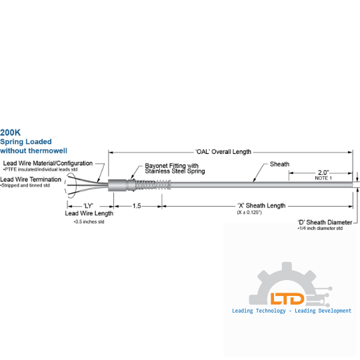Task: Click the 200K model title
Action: click(10, 133)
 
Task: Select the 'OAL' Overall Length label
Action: click(223, 152)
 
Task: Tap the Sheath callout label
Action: click(279, 164)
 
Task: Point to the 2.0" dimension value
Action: click(323, 172)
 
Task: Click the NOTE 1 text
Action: click(323, 178)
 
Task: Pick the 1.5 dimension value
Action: click(137, 206)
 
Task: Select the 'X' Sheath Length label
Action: click(261, 205)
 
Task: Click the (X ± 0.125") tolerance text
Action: click(249, 213)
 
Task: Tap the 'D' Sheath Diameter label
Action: click(325, 222)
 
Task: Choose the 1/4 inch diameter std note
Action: click(320, 229)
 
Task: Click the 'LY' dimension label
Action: click(89, 206)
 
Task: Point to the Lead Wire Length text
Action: click(89, 213)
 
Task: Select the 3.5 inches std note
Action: click(89, 222)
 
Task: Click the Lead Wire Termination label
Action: click(31, 179)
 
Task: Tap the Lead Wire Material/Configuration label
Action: click(48, 163)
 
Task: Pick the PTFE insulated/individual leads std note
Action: click(41, 169)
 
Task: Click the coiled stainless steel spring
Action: click(153, 185)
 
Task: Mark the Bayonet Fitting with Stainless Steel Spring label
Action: click(175, 168)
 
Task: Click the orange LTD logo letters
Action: click(287, 299)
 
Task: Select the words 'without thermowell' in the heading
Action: click(33, 151)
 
